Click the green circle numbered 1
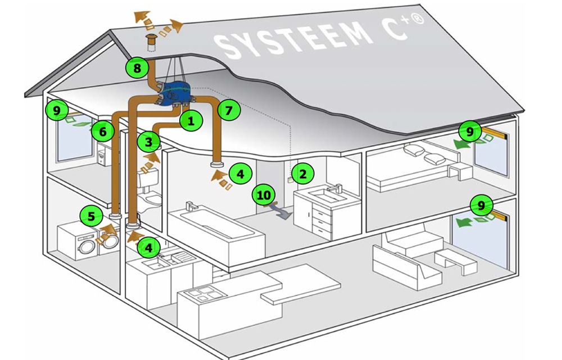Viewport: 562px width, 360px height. [191, 120]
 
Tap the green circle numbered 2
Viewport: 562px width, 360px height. [303, 174]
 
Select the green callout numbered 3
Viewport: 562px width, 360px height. [148, 142]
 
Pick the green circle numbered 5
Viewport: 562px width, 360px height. [91, 217]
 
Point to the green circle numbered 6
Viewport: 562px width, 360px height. [103, 132]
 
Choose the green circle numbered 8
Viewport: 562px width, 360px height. [137, 67]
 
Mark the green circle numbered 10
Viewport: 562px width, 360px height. [264, 196]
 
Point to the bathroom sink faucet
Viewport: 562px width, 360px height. [336, 187]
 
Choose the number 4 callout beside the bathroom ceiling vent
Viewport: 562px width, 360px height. [241, 174]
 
